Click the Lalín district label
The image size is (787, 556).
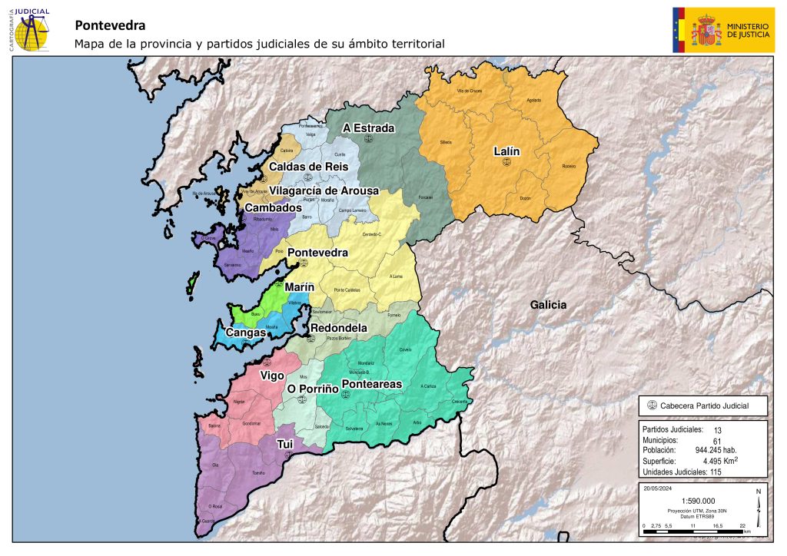[506, 151]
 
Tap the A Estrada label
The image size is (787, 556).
[369, 128]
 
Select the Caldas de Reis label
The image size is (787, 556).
[309, 167]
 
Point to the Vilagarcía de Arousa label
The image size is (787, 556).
[324, 190]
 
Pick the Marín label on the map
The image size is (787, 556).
[300, 287]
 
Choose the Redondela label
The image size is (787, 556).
[337, 328]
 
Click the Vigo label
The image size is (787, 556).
[272, 376]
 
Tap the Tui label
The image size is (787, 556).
[285, 443]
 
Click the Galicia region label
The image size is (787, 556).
[548, 305]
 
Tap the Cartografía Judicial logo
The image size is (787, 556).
[29, 30]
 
